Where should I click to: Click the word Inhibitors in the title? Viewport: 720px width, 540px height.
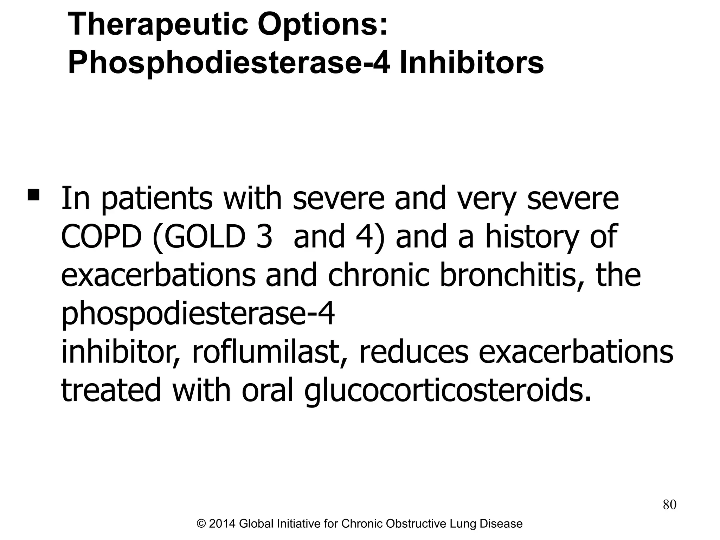472,63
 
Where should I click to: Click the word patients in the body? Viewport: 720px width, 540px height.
157,199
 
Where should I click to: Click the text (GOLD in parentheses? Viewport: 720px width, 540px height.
199,237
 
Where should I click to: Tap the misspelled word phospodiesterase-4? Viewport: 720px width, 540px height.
198,314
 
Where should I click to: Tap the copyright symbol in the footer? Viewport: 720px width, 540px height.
201,524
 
